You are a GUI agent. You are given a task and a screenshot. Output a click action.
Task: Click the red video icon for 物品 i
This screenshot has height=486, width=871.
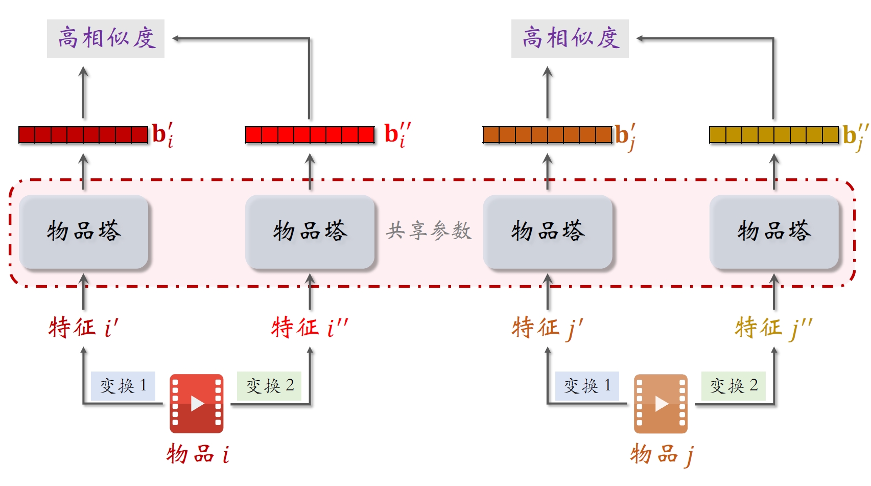tap(197, 404)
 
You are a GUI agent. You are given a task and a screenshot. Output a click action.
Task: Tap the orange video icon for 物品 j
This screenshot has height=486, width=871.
tap(661, 404)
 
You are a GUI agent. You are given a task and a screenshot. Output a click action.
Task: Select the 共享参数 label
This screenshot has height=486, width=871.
tap(429, 231)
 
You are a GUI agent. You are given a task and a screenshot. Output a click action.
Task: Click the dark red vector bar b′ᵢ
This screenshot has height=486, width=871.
tap(83, 135)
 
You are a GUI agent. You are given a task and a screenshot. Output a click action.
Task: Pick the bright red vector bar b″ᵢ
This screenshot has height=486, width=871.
tap(310, 135)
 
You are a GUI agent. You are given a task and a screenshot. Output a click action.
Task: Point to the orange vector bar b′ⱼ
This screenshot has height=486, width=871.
tap(547, 135)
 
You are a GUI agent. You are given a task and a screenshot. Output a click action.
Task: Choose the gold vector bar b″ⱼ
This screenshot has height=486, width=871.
tap(774, 135)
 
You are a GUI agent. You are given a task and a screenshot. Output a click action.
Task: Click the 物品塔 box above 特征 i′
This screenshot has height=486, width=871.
tap(84, 232)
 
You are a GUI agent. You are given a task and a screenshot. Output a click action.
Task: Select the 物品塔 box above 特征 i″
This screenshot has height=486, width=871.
tap(310, 232)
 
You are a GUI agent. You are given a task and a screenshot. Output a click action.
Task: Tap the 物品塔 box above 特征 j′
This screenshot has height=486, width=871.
tap(548, 232)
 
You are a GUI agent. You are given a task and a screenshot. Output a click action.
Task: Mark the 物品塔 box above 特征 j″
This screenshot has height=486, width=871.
tap(774, 232)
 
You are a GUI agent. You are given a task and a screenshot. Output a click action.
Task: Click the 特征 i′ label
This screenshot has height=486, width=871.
tap(83, 327)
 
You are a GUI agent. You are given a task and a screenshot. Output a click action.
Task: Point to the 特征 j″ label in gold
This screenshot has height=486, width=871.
tap(773, 327)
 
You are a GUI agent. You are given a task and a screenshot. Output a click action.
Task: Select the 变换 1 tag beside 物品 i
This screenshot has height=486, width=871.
tap(123, 386)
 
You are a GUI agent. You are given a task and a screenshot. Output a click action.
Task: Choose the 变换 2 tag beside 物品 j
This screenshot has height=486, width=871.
tap(734, 386)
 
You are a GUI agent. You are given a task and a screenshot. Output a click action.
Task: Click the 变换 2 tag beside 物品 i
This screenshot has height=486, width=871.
tap(269, 386)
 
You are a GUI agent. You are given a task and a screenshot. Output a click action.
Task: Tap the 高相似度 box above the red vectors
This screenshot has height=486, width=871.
tap(106, 38)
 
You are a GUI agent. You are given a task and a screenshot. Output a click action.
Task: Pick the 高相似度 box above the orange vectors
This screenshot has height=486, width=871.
tap(570, 38)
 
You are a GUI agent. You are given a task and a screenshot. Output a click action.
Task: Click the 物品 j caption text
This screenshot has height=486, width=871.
tap(661, 454)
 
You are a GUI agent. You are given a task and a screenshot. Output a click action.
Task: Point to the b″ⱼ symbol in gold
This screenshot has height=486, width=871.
tap(855, 135)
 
